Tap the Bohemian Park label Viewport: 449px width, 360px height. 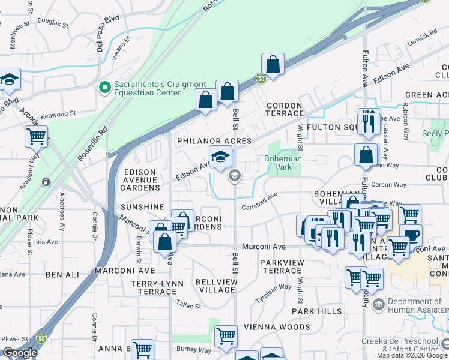283,163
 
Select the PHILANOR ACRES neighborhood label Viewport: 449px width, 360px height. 213,140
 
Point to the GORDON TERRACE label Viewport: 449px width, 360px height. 285,109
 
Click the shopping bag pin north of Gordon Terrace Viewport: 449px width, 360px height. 273,65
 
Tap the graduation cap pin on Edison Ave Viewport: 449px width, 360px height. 220,157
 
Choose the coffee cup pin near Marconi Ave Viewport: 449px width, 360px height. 411,235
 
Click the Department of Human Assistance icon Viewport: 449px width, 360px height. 379,304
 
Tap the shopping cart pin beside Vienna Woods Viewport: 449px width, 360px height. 226,336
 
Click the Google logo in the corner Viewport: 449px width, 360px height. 19,353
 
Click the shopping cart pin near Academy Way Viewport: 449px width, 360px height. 37,136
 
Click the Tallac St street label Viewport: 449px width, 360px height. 189,305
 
